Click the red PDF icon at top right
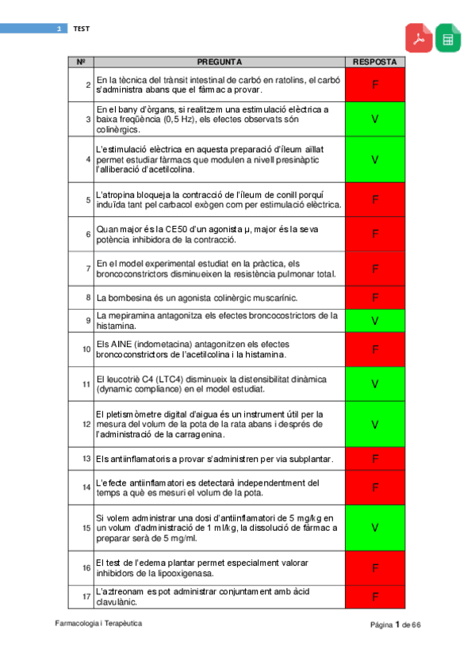[419, 37]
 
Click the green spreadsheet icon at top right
[448, 37]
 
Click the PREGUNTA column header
[219, 61]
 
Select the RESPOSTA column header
[375, 61]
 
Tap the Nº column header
[81, 61]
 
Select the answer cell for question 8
[375, 298]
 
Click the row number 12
[86, 424]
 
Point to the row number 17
[86, 597]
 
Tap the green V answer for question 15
[375, 527]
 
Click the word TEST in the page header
[82, 29]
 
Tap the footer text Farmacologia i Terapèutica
[99, 624]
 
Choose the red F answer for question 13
[375, 459]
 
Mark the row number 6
[87, 235]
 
